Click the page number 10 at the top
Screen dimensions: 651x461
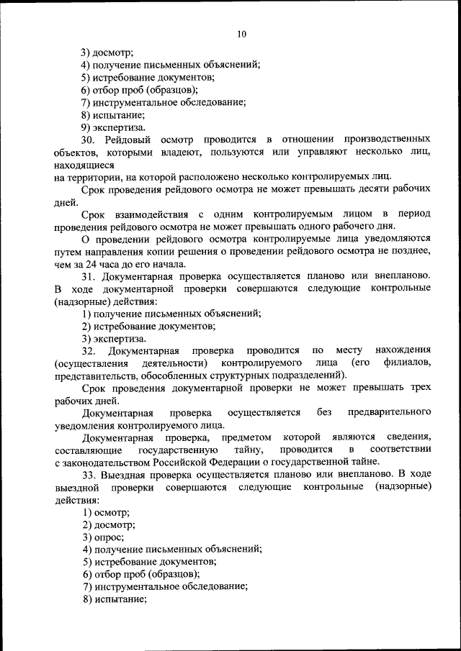click(x=241, y=34)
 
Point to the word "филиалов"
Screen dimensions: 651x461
click(x=408, y=363)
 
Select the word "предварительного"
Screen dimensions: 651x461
click(x=389, y=413)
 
